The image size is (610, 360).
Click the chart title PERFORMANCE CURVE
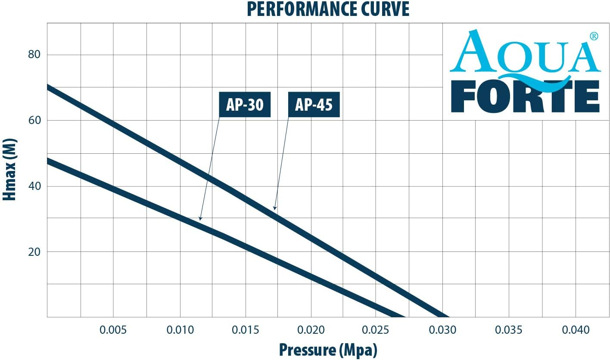(x=328, y=9)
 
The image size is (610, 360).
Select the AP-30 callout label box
(x=245, y=105)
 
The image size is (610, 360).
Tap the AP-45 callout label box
(x=314, y=105)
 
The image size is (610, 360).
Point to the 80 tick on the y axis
(x=34, y=55)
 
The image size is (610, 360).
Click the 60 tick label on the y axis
(x=34, y=121)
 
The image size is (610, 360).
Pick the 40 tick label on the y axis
(x=34, y=186)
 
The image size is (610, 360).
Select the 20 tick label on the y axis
(x=34, y=252)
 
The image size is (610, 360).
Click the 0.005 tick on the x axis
(x=113, y=330)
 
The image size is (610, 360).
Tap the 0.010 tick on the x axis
(x=180, y=330)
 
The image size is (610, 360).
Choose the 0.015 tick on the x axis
(x=246, y=330)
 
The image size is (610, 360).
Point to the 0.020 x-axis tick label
(x=311, y=330)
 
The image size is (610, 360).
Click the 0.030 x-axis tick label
(x=443, y=330)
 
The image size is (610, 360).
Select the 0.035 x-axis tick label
(x=510, y=330)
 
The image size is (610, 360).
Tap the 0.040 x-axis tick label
(x=576, y=330)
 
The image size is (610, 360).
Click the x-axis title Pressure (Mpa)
(x=328, y=350)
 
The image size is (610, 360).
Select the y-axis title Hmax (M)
(x=9, y=170)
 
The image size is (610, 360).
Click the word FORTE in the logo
(x=528, y=97)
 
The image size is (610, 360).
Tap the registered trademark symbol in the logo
(x=594, y=36)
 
